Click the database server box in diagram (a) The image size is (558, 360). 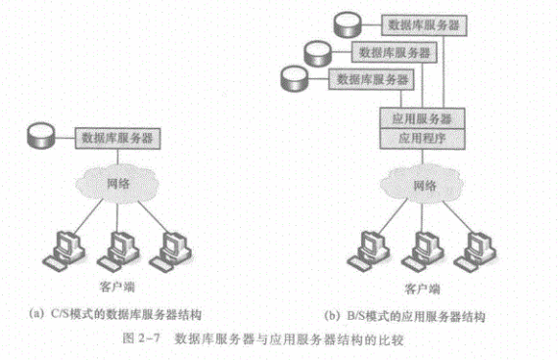click(x=117, y=138)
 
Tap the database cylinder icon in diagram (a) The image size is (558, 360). click(x=41, y=135)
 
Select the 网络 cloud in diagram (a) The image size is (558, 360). click(x=117, y=184)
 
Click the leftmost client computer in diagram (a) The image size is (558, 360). click(x=65, y=251)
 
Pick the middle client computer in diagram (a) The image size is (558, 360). click(x=118, y=251)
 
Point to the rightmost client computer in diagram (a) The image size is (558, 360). click(x=171, y=251)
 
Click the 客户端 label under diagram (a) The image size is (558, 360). click(x=117, y=287)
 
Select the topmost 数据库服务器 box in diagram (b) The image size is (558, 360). click(x=424, y=25)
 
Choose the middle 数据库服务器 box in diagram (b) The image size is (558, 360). click(x=395, y=53)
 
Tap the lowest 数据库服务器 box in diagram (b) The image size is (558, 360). click(x=371, y=79)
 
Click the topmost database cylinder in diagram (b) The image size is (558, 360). click(x=349, y=24)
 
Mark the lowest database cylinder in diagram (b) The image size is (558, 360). click(x=294, y=78)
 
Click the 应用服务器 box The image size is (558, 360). click(x=422, y=118)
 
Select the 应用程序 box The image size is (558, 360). click(x=422, y=139)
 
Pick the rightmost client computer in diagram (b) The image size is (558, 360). click(x=476, y=251)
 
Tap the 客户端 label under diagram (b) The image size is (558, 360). click(x=422, y=289)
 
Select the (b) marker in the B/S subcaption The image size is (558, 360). click(x=333, y=316)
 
